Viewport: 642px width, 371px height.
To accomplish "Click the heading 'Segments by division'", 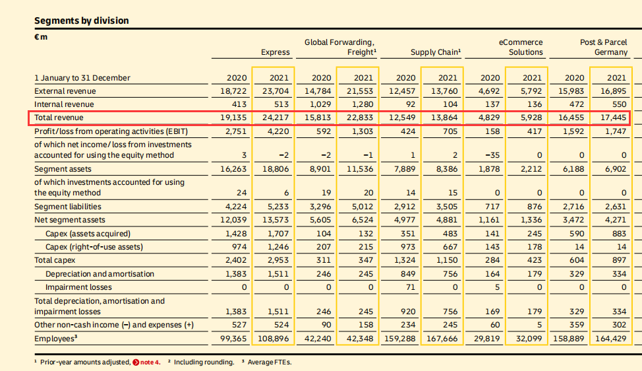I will (x=82, y=20).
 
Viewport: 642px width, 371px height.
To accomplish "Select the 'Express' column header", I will (x=275, y=52).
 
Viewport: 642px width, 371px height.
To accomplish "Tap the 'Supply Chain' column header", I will (x=435, y=52).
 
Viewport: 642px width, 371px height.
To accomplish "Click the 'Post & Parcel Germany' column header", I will (x=603, y=47).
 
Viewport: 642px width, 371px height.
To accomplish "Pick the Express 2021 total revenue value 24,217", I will (x=275, y=118).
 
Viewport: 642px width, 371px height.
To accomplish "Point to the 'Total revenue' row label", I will (x=59, y=118).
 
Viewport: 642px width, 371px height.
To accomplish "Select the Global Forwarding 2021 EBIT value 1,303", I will (x=359, y=131).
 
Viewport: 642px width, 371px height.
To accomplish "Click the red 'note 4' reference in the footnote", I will (x=146, y=362).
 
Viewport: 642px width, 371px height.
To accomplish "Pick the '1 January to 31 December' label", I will (x=82, y=78).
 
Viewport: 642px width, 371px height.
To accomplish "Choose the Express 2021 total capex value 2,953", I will (x=275, y=260).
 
